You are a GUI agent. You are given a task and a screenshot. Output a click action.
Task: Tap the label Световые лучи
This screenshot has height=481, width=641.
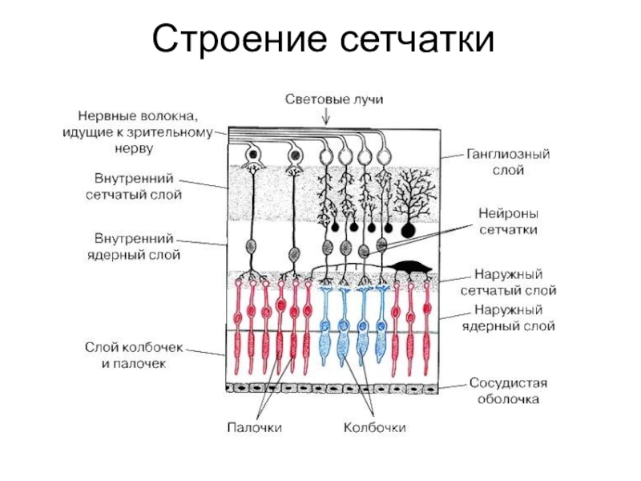[x=326, y=99]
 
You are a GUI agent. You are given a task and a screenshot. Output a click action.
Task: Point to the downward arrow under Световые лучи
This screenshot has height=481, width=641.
[x=326, y=117]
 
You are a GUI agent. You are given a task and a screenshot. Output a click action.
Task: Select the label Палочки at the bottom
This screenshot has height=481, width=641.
[x=253, y=428]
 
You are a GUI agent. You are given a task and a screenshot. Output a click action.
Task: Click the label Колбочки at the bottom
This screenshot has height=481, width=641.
[x=375, y=428]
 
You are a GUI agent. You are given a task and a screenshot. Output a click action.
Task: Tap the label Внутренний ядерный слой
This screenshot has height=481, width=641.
[x=133, y=246]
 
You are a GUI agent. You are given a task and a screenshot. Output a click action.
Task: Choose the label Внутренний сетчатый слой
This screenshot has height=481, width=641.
[x=133, y=185]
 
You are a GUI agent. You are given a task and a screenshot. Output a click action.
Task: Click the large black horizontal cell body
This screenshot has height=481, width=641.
[x=409, y=266]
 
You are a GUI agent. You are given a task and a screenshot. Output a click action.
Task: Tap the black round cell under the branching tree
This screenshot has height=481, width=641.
[x=409, y=230]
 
